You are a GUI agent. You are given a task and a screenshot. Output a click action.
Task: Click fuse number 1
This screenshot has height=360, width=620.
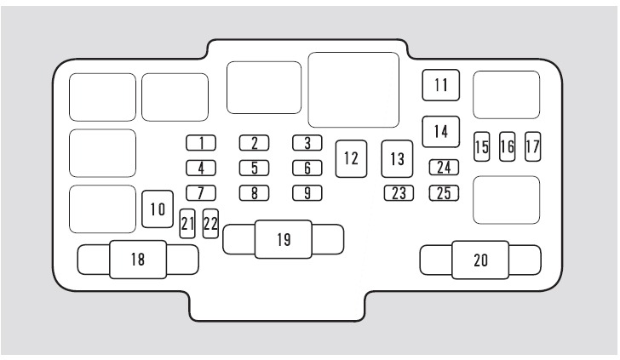point(201,143)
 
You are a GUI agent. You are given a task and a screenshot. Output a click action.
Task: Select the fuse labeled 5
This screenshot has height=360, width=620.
point(255,168)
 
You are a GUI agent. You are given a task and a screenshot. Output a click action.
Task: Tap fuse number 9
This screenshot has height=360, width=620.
point(307,193)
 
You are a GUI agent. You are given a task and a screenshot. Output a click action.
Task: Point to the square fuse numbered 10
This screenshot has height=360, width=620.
point(158,209)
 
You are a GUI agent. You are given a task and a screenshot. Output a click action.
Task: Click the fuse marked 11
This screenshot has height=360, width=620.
point(441,85)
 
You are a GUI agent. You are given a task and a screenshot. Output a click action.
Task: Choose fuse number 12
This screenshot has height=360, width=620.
point(351,158)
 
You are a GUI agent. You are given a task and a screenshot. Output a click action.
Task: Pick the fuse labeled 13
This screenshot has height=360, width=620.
point(397,158)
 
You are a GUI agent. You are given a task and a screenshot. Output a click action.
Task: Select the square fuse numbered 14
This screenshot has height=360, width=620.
point(441,132)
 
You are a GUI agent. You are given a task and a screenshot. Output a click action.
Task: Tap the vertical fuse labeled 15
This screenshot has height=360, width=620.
point(482,146)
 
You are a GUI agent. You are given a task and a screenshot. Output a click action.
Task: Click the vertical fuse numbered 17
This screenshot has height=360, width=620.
point(532,146)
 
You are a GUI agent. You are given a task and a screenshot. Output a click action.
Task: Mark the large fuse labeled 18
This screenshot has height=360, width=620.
point(138,260)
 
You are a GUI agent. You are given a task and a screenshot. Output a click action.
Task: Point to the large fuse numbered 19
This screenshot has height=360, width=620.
point(284,239)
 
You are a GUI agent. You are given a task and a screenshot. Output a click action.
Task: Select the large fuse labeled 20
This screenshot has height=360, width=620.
point(480,260)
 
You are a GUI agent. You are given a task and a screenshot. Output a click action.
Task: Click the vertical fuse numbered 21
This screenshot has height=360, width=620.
point(187,224)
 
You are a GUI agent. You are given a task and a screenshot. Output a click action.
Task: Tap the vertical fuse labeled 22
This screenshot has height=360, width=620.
point(210,224)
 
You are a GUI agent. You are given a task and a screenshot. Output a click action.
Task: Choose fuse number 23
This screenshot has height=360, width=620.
point(399,193)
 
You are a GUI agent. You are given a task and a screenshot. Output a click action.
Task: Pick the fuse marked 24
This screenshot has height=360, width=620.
point(444,168)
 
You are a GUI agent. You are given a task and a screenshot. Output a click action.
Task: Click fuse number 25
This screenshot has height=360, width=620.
point(444,193)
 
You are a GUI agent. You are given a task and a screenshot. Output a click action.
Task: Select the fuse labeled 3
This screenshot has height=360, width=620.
point(307,143)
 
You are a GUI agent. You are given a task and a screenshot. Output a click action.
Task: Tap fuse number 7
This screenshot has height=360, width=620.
point(201,193)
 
